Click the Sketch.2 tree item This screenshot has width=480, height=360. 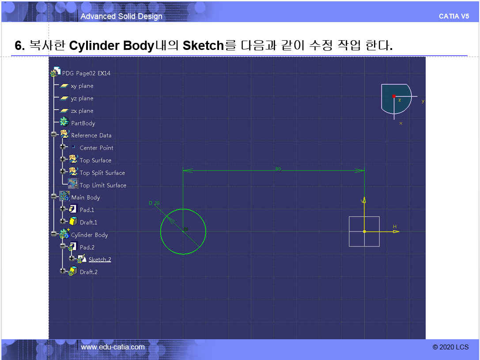(100, 260)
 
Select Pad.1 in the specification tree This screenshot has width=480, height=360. (87, 210)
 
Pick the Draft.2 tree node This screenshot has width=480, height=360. (88, 272)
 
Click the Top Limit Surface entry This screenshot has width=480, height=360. (103, 185)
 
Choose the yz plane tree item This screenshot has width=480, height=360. (82, 98)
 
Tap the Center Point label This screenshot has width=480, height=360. (96, 148)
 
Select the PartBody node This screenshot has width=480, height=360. (83, 123)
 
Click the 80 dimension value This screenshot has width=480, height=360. (278, 169)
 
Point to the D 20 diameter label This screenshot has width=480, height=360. (154, 203)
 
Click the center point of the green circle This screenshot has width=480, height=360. (183, 231)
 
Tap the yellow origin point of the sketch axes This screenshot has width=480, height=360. (364, 231)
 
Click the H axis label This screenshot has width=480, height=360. (395, 227)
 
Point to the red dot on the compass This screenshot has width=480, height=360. (394, 96)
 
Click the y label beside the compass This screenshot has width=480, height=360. (423, 101)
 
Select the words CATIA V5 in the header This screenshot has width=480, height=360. (454, 16)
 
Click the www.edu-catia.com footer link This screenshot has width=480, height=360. (113, 347)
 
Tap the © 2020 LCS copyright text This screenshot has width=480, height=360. (450, 347)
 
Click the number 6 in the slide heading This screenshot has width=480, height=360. (19, 45)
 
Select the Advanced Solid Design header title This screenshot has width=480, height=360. (121, 16)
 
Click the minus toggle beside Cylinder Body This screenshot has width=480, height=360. (54, 234)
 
